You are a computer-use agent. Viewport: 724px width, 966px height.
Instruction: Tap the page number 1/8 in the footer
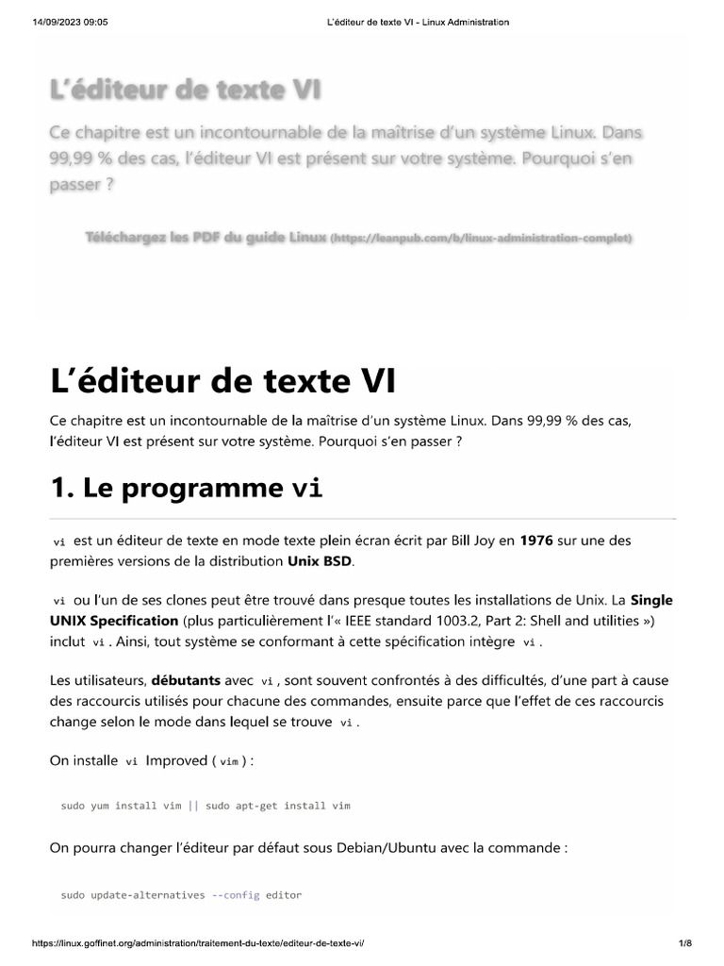click(x=685, y=943)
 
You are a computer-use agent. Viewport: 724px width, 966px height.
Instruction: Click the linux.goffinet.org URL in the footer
click(x=198, y=943)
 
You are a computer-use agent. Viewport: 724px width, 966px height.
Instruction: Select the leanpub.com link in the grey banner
click(x=482, y=238)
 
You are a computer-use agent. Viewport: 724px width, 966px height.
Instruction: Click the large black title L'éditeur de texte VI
click(x=222, y=382)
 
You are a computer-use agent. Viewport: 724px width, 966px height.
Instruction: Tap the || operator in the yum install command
click(x=193, y=806)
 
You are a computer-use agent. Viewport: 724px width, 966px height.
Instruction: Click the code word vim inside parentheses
click(x=228, y=761)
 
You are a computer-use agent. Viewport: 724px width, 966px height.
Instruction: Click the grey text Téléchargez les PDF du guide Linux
click(x=206, y=237)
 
